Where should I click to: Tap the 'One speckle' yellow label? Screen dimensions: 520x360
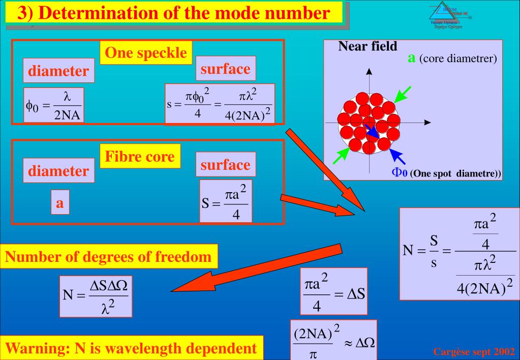click(146, 53)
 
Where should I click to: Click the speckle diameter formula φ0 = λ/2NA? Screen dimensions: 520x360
click(53, 105)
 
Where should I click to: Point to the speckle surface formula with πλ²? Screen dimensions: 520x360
click(220, 104)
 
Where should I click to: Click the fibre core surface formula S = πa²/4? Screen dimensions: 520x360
click(225, 201)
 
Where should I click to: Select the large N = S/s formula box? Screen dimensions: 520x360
click(458, 253)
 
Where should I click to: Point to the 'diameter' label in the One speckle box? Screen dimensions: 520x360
click(58, 72)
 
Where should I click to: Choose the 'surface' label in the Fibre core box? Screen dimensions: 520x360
click(225, 164)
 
